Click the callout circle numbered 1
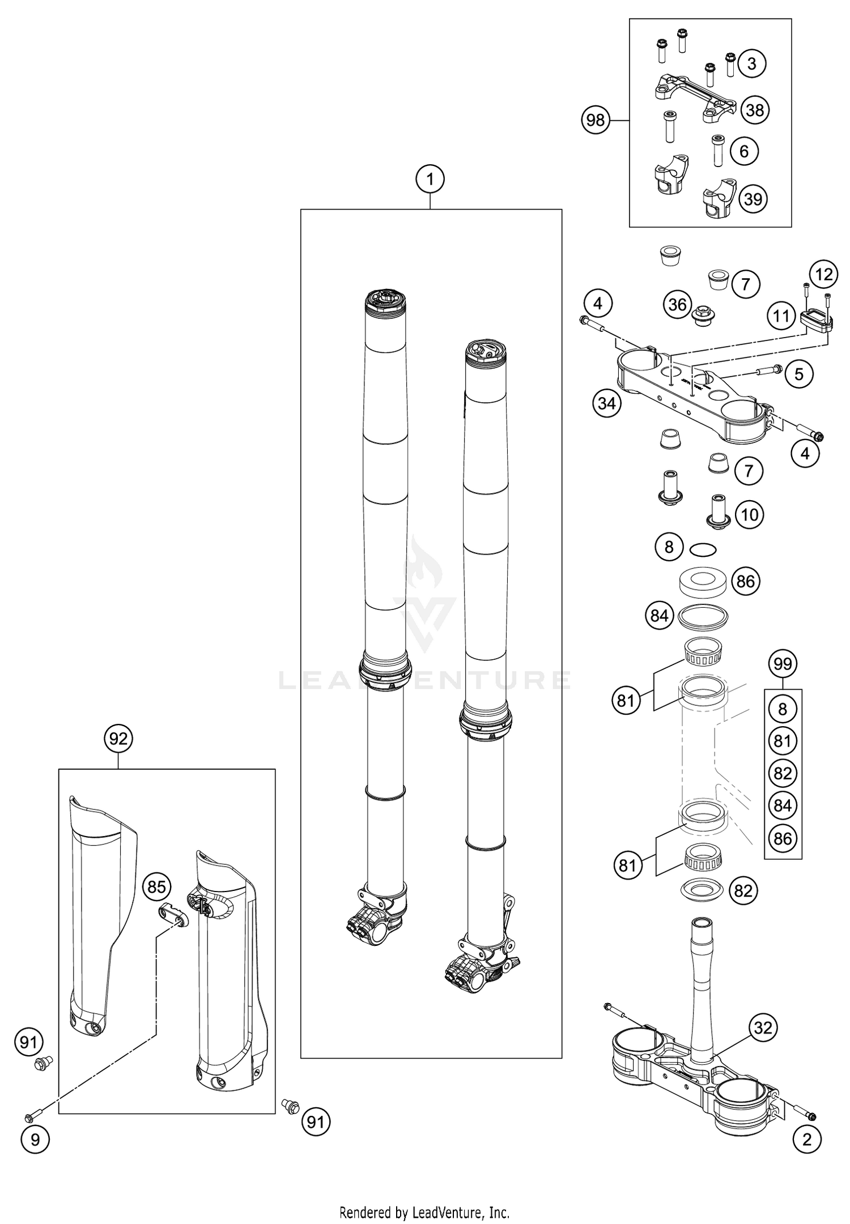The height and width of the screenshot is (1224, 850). pos(430,180)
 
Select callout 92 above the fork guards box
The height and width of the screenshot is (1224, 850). pos(118,739)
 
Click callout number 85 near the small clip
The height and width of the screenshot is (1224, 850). pos(156,888)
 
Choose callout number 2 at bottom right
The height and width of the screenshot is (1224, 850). pos(806,1139)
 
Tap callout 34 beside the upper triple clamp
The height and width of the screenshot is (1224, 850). pos(606,404)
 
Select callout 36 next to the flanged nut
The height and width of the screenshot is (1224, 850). pos(678,305)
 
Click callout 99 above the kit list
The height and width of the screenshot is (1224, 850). pos(783,663)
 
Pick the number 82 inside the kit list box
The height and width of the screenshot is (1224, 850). pos(783,773)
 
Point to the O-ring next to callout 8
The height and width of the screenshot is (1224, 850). pos(703,549)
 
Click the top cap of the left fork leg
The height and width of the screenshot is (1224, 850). pos(385,300)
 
